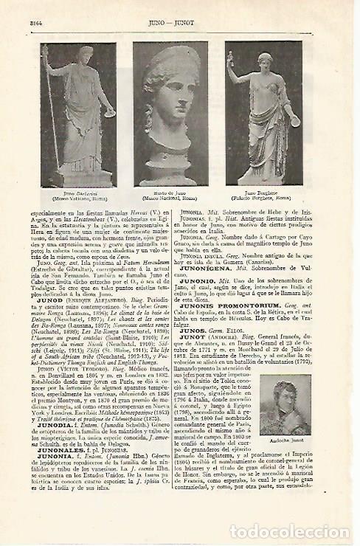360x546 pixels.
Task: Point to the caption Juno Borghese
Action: coord(263,192)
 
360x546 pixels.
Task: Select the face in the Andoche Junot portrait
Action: coord(291,376)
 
